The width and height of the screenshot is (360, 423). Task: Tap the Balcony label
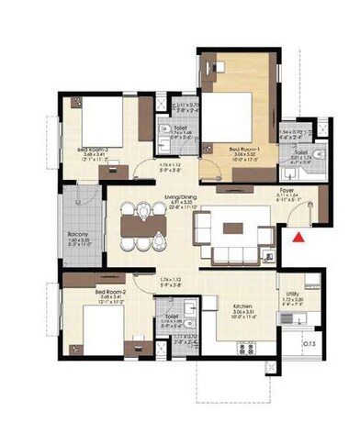coord(77,234)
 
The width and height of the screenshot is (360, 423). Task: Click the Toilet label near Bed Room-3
coord(181,128)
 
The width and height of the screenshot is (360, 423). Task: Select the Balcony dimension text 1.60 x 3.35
coord(78,241)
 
